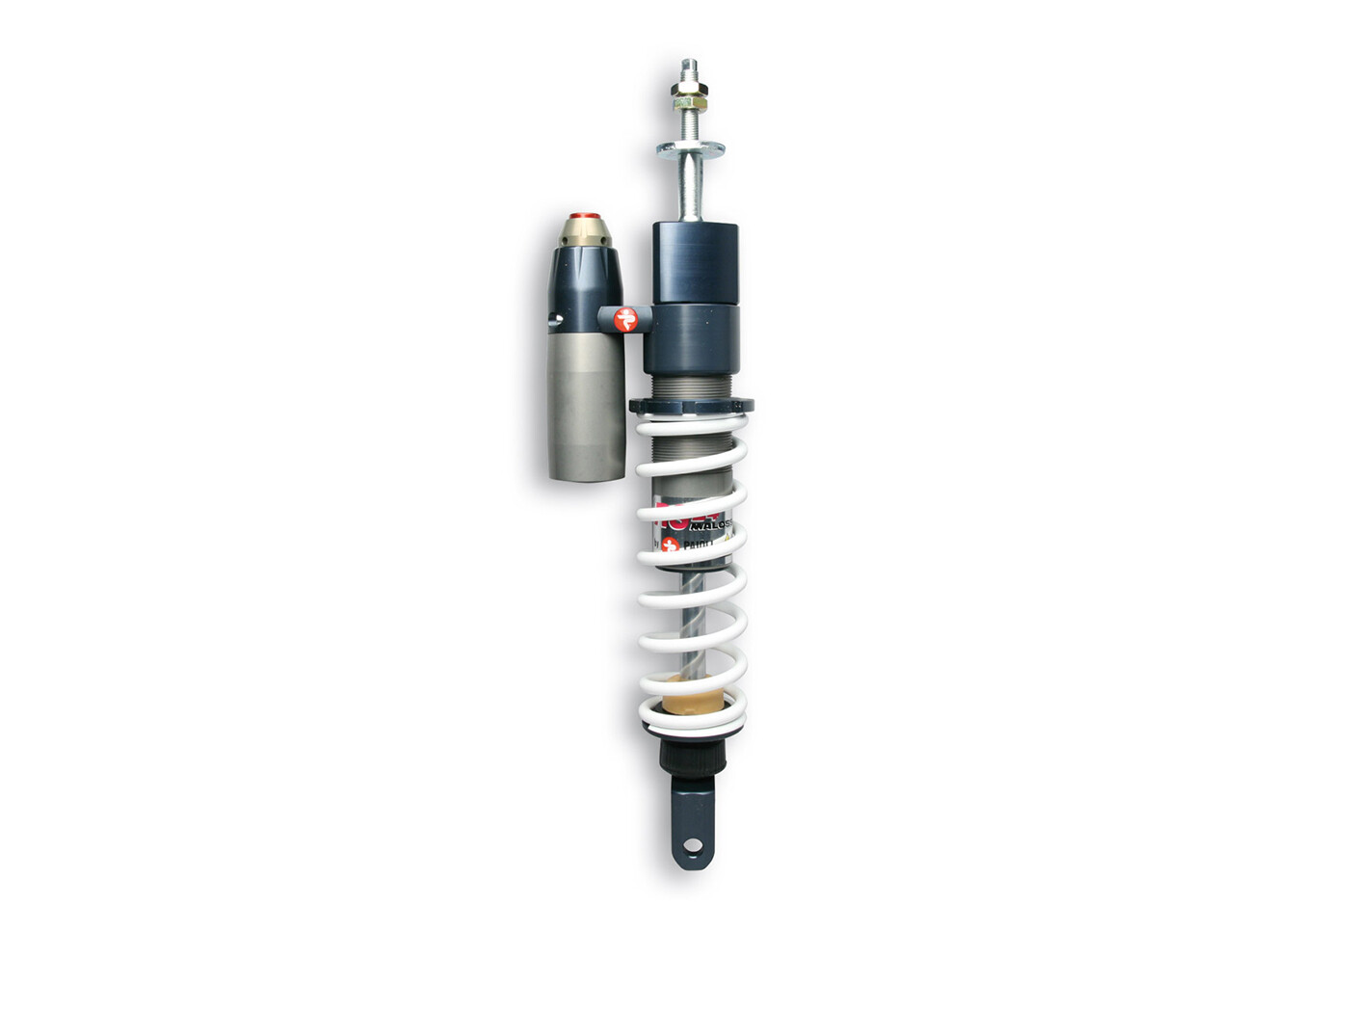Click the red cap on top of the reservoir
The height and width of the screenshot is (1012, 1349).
coord(584,217)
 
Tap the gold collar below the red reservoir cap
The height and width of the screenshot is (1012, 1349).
coord(583,232)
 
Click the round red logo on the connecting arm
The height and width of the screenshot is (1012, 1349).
coord(626,318)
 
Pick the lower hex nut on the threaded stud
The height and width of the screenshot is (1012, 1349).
coord(689,99)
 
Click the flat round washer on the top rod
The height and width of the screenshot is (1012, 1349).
coord(690,148)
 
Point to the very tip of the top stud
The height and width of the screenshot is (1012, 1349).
coord(688,62)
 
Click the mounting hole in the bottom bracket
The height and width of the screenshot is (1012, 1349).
coord(691,845)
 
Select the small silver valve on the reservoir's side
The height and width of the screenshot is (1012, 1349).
coord(553,319)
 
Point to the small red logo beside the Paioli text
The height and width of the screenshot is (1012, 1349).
coord(671,545)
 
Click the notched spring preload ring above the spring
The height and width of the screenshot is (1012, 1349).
coord(691,406)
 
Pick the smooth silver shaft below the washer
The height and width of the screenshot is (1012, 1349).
coord(691,188)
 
